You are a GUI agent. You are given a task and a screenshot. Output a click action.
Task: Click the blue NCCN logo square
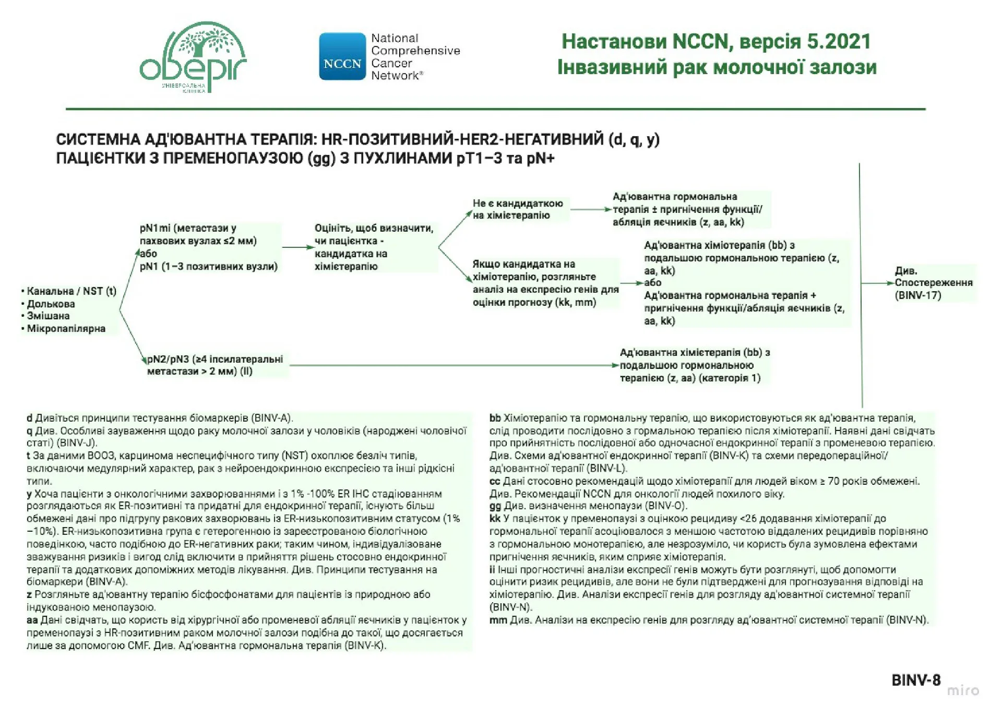[342, 56]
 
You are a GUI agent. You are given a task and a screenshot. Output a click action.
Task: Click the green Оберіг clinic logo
[193, 57]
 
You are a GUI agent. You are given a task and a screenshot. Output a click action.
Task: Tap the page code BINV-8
[916, 680]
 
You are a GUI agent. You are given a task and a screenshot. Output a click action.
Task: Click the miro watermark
[963, 691]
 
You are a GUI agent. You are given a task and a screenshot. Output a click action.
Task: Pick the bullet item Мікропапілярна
[66, 329]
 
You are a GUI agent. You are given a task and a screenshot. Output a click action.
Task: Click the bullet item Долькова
[51, 304]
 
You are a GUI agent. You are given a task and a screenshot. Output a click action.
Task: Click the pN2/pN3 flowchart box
[215, 365]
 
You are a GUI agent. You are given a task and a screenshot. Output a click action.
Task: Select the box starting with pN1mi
[209, 247]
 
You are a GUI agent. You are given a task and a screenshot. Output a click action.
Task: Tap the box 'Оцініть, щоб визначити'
[374, 247]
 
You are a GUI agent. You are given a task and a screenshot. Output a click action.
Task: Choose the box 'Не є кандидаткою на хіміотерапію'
[518, 209]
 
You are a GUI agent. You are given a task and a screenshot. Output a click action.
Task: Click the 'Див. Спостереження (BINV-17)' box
[933, 283]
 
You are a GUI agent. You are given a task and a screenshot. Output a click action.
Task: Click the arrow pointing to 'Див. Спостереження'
[877, 283]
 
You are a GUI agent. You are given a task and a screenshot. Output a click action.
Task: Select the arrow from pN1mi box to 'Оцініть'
[297, 247]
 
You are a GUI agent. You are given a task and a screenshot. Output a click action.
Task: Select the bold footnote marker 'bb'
[495, 418]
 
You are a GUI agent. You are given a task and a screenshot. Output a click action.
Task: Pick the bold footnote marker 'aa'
[32, 620]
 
